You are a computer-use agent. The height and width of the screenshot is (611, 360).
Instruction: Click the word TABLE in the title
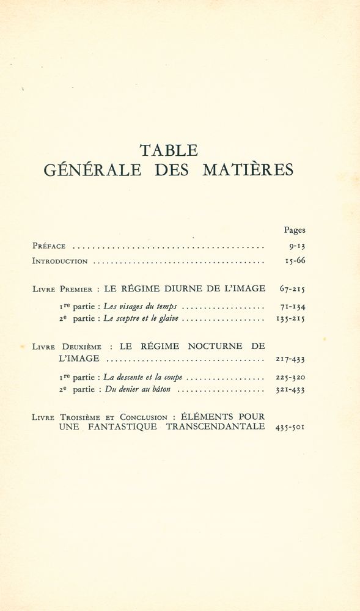pyautogui.click(x=168, y=150)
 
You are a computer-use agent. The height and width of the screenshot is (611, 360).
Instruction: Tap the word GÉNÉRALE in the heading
pyautogui.click(x=92, y=170)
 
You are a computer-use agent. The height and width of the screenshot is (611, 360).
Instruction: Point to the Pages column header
pyautogui.click(x=294, y=230)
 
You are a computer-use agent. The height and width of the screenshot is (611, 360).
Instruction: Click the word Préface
pyautogui.click(x=49, y=246)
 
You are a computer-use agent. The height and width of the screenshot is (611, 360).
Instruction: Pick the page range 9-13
pyautogui.click(x=296, y=246)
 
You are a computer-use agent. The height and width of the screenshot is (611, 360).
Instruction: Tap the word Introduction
pyautogui.click(x=60, y=261)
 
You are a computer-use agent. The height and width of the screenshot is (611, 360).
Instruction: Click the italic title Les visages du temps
pyautogui.click(x=140, y=307)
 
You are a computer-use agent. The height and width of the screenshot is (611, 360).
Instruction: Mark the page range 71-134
pyautogui.click(x=290, y=307)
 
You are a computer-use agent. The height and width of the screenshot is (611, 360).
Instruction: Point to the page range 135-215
pyautogui.click(x=290, y=318)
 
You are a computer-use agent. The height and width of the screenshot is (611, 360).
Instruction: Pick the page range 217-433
pyautogui.click(x=290, y=359)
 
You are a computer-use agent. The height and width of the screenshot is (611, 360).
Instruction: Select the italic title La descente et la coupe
pyautogui.click(x=143, y=377)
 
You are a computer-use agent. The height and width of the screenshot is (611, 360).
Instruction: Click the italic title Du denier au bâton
pyautogui.click(x=137, y=389)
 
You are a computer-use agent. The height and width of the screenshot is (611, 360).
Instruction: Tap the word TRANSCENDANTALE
pyautogui.click(x=215, y=427)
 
